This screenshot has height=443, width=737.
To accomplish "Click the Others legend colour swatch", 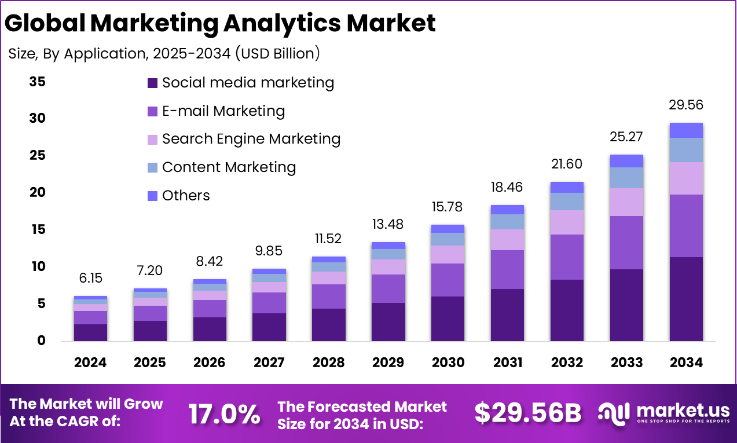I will (153, 196).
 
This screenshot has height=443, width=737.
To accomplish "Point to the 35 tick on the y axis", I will (37, 82).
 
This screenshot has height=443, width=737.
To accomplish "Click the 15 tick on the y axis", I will (37, 230).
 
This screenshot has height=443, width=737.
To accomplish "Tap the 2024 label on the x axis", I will (90, 363).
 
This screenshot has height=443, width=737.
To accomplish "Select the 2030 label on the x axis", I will (448, 363).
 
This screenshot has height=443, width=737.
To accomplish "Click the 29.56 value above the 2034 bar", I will (686, 105).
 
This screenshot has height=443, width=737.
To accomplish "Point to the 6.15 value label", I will (90, 278).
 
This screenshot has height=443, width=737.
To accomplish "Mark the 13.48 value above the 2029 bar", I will (388, 224).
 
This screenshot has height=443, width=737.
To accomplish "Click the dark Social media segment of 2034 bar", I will (686, 299).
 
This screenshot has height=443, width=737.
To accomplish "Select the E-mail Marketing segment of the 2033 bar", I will (626, 243).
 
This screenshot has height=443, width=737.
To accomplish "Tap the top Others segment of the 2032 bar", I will (567, 187).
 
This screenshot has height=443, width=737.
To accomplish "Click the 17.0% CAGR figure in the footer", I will (224, 413).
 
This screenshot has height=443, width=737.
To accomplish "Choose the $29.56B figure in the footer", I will (527, 413).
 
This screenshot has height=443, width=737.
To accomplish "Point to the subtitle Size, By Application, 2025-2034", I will (164, 54).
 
